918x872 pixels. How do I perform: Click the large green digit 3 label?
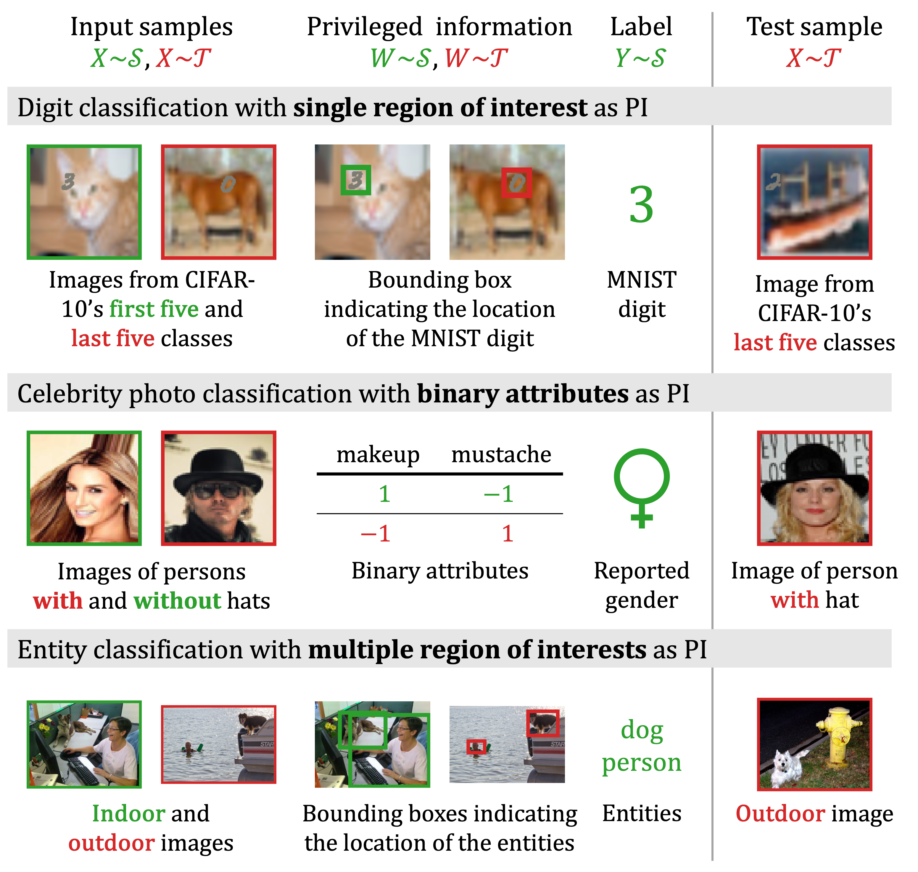pos(641,204)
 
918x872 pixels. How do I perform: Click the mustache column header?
pos(501,454)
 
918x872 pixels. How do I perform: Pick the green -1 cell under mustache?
pos(499,494)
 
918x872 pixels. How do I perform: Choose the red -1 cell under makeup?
pos(376,533)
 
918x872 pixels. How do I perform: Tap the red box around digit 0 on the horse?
pos(516,182)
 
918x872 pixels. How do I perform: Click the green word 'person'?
pos(641,763)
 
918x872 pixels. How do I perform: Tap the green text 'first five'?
pos(154,309)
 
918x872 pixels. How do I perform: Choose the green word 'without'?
pos(177,601)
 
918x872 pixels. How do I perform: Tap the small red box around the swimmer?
pos(476,747)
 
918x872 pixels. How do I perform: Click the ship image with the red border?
pos(814,202)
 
